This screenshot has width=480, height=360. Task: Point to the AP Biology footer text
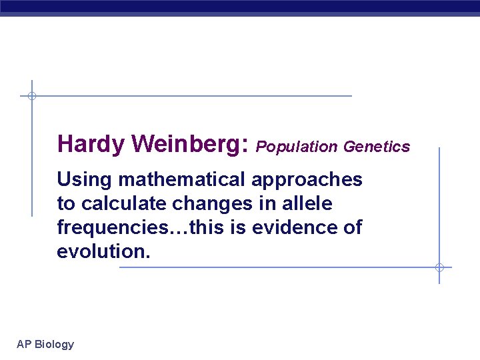tap(45, 344)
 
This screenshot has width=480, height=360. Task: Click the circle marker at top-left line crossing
tap(31, 96)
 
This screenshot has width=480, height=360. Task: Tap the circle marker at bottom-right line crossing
tap(439, 267)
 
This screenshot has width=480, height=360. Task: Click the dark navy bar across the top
tap(240, 7)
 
